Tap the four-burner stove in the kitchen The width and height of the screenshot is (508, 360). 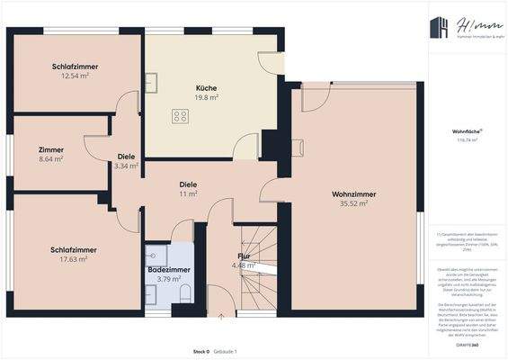[x=181, y=115]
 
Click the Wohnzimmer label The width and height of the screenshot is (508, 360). [x=353, y=194]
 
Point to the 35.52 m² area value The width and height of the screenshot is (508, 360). [x=353, y=204]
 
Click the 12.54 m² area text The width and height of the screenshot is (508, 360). [x=76, y=76]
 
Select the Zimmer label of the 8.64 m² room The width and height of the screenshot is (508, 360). [x=51, y=149]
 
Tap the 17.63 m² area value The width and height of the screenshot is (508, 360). [x=74, y=259]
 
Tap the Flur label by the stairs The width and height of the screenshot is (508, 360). [x=244, y=256]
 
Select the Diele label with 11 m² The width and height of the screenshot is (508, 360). [x=188, y=184]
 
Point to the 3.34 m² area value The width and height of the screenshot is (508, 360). [x=126, y=166]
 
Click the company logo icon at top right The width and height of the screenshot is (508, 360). [x=439, y=28]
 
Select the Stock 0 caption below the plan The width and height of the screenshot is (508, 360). [x=201, y=351]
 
